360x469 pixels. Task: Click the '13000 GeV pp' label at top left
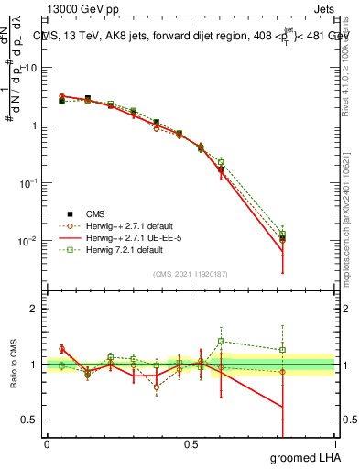tap(80, 7)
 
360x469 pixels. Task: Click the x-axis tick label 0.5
tap(191, 444)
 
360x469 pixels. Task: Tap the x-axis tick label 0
tap(47, 444)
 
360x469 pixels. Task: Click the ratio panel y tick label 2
tap(33, 310)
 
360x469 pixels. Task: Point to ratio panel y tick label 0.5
tap(29, 420)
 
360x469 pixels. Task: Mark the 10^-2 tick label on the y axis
tap(28, 242)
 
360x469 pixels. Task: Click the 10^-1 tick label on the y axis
tap(28, 183)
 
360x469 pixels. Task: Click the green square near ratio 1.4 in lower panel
tap(221, 341)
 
